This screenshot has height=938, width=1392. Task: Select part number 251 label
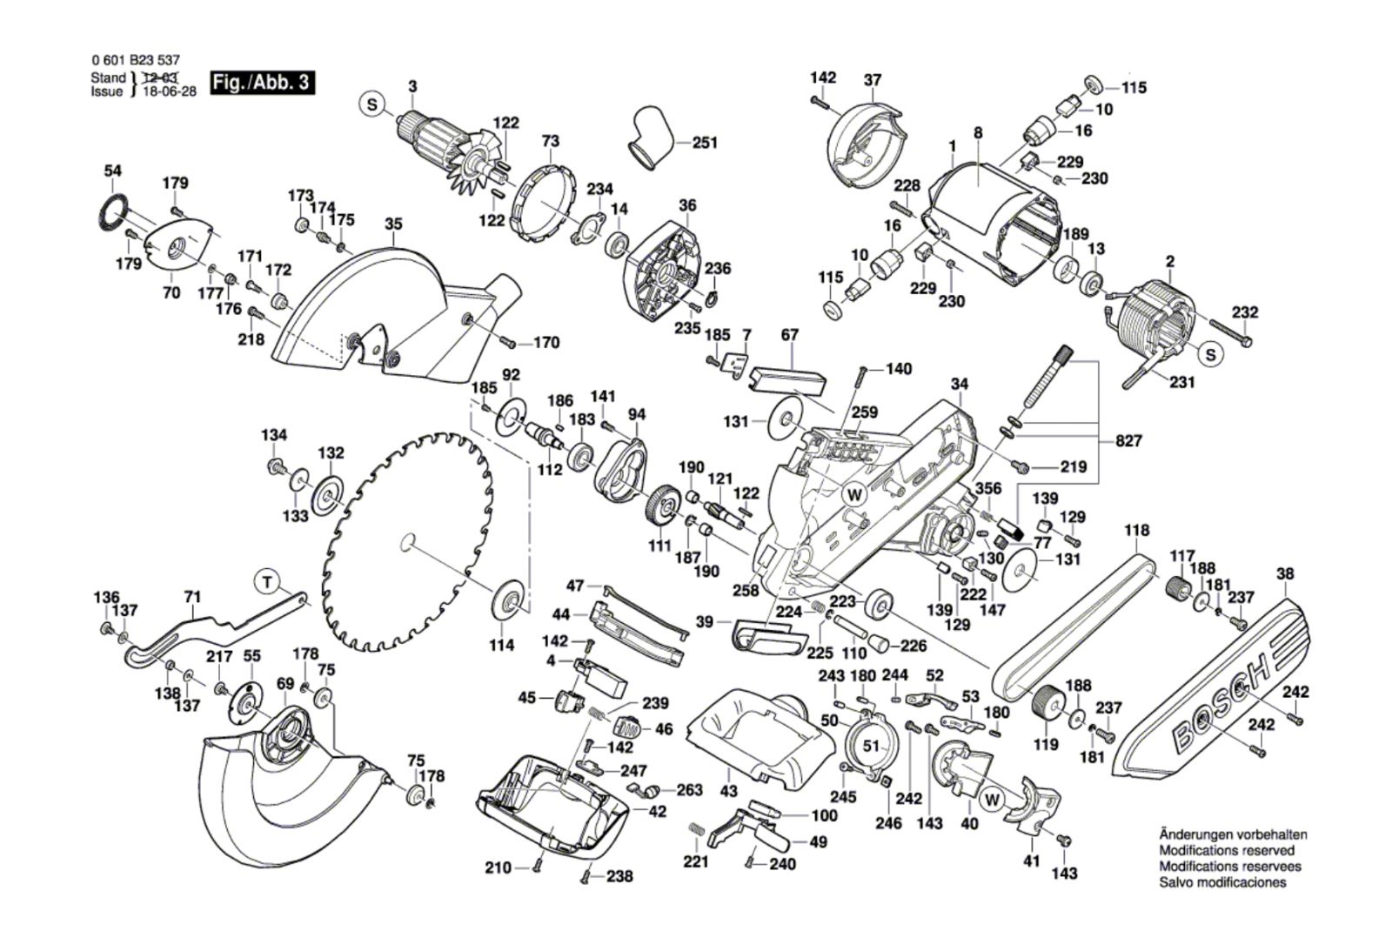point(705,142)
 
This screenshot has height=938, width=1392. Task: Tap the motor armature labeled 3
point(439,144)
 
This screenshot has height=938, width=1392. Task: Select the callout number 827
point(1128,441)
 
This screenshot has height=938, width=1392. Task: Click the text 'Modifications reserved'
point(1227,850)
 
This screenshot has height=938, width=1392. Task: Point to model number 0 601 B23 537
point(135,61)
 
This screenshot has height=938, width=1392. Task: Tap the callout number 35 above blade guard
point(393,224)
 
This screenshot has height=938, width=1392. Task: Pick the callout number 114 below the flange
point(502,645)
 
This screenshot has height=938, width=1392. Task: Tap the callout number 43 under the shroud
point(729,791)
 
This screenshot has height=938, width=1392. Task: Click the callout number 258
point(746,591)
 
